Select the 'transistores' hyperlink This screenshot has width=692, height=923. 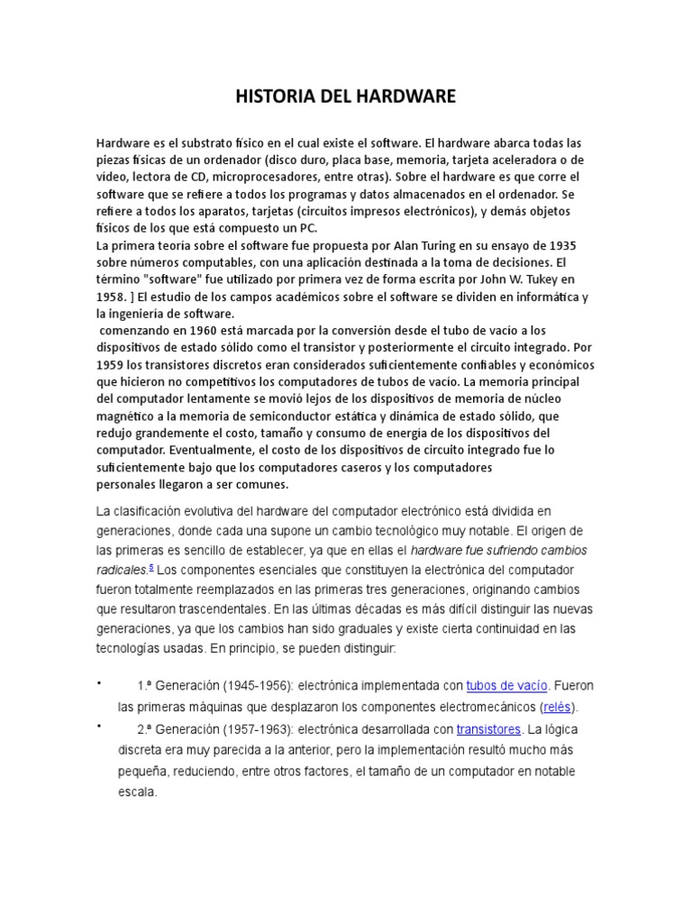pyautogui.click(x=488, y=728)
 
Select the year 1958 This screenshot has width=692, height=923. pyautogui.click(x=113, y=296)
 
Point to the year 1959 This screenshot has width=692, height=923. pyautogui.click(x=113, y=363)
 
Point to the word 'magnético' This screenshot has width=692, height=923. pyautogui.click(x=131, y=415)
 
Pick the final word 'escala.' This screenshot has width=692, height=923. pyautogui.click(x=138, y=793)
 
